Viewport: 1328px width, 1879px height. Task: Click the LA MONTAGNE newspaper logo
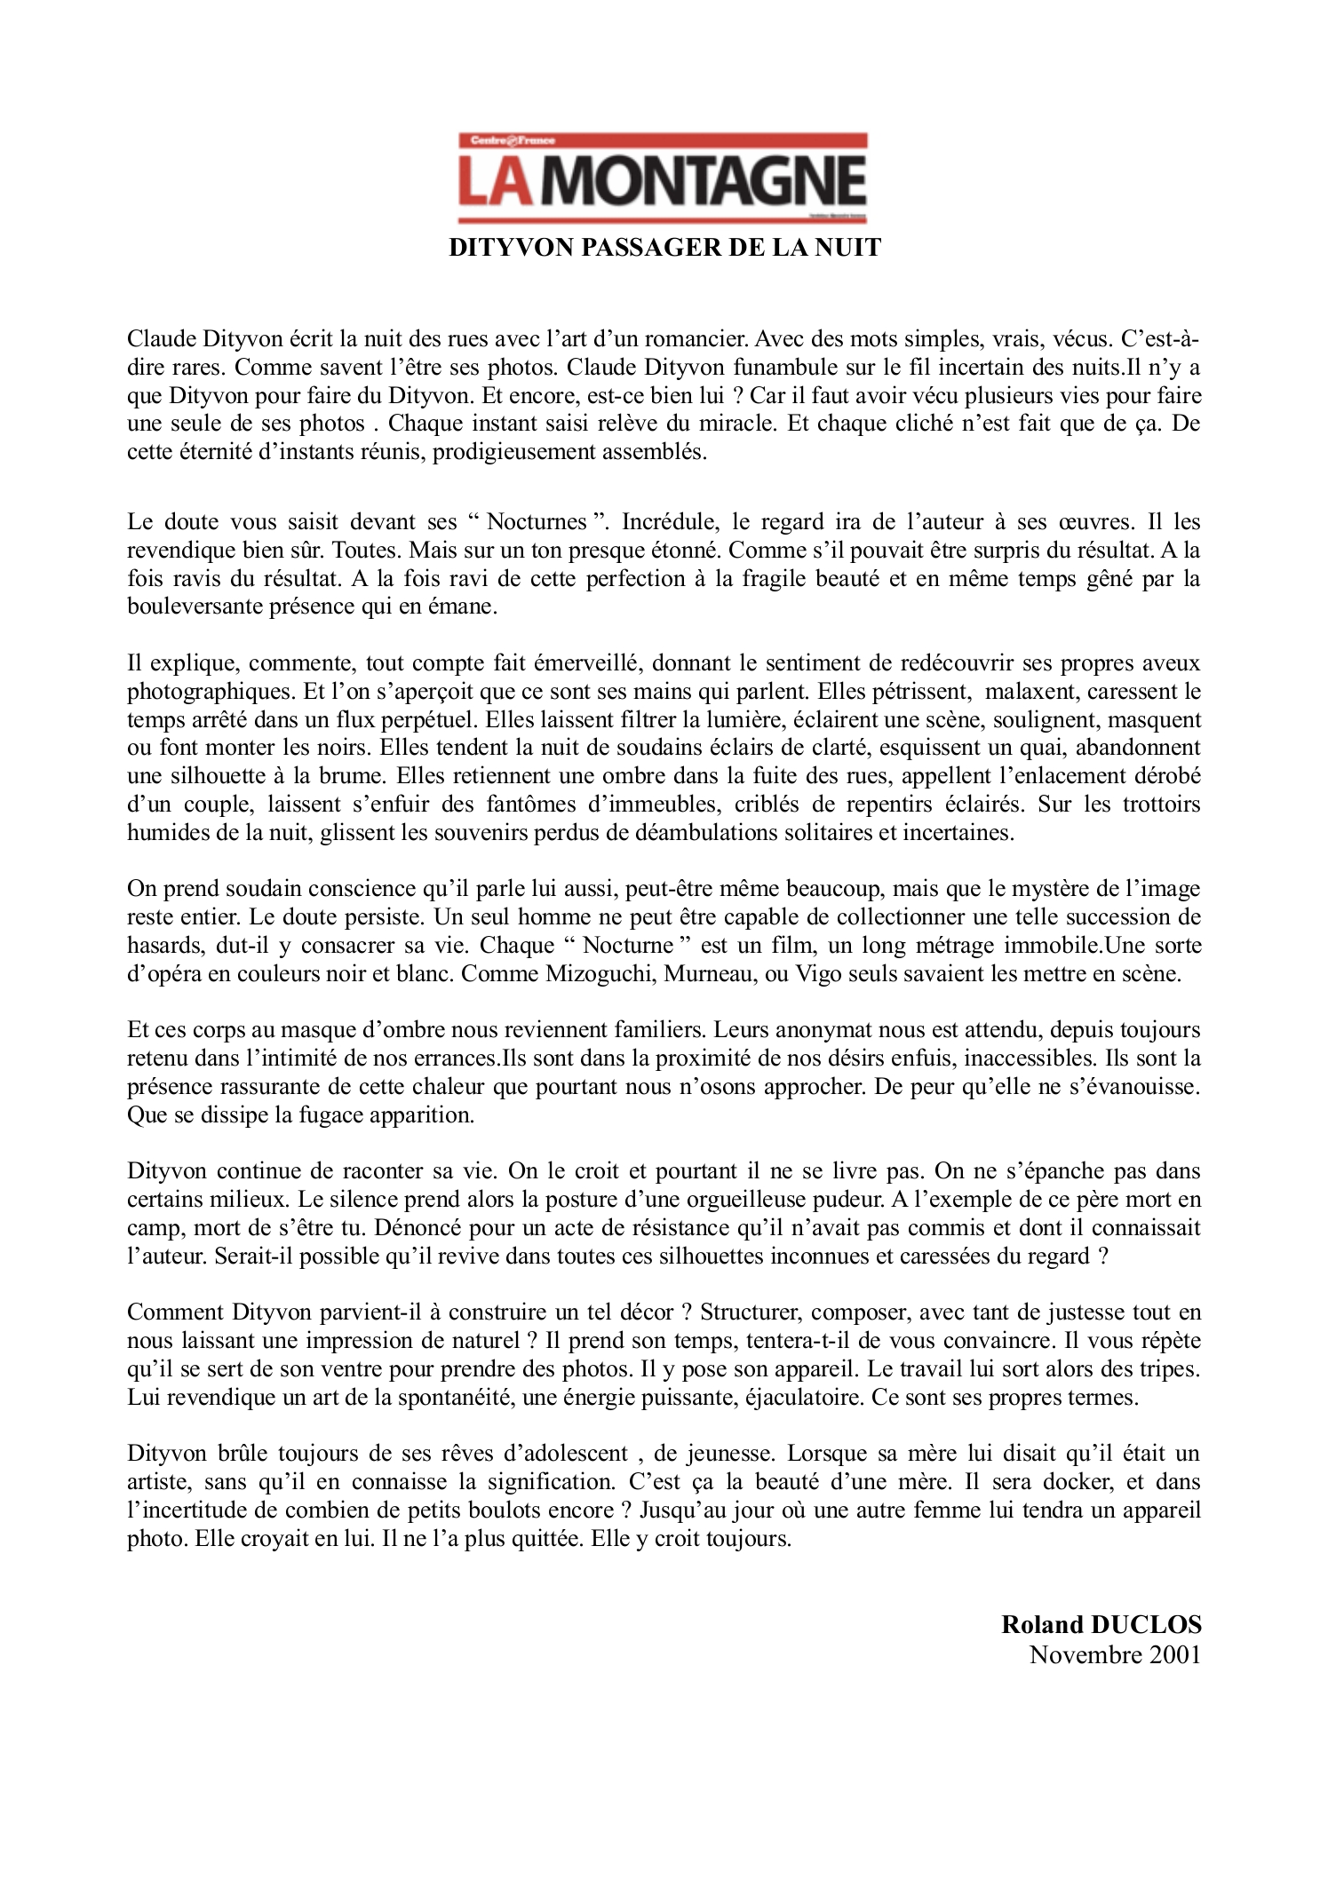click(663, 178)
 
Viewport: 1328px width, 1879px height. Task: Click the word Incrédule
click(656, 521)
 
